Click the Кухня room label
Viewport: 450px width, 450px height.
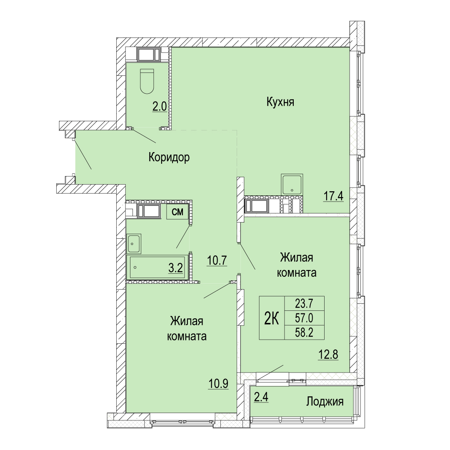pyautogui.click(x=280, y=102)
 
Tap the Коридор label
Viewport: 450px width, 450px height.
pyautogui.click(x=169, y=157)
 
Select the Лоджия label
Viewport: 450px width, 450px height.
pyautogui.click(x=325, y=401)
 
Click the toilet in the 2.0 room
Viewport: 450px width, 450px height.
pyautogui.click(x=147, y=81)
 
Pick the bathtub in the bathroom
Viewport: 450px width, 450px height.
pyautogui.click(x=157, y=267)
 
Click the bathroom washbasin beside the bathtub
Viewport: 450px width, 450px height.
pyautogui.click(x=133, y=244)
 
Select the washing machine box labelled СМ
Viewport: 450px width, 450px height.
pyautogui.click(x=177, y=212)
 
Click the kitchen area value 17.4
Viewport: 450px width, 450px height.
pyautogui.click(x=333, y=197)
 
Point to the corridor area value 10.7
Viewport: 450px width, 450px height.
pyautogui.click(x=217, y=260)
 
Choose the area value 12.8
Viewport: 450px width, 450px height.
pyautogui.click(x=328, y=355)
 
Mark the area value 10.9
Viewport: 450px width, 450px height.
pyautogui.click(x=218, y=383)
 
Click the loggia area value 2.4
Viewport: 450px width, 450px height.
pyautogui.click(x=261, y=398)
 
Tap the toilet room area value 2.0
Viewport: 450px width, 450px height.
pyautogui.click(x=160, y=107)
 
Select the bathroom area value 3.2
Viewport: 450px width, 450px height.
pyautogui.click(x=176, y=268)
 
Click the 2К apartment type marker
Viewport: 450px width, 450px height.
pyautogui.click(x=272, y=318)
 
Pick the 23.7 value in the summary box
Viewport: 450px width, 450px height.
pyautogui.click(x=304, y=303)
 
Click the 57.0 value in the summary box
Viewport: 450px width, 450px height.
pyautogui.click(x=304, y=318)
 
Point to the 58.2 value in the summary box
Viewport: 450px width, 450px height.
pyautogui.click(x=304, y=332)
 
